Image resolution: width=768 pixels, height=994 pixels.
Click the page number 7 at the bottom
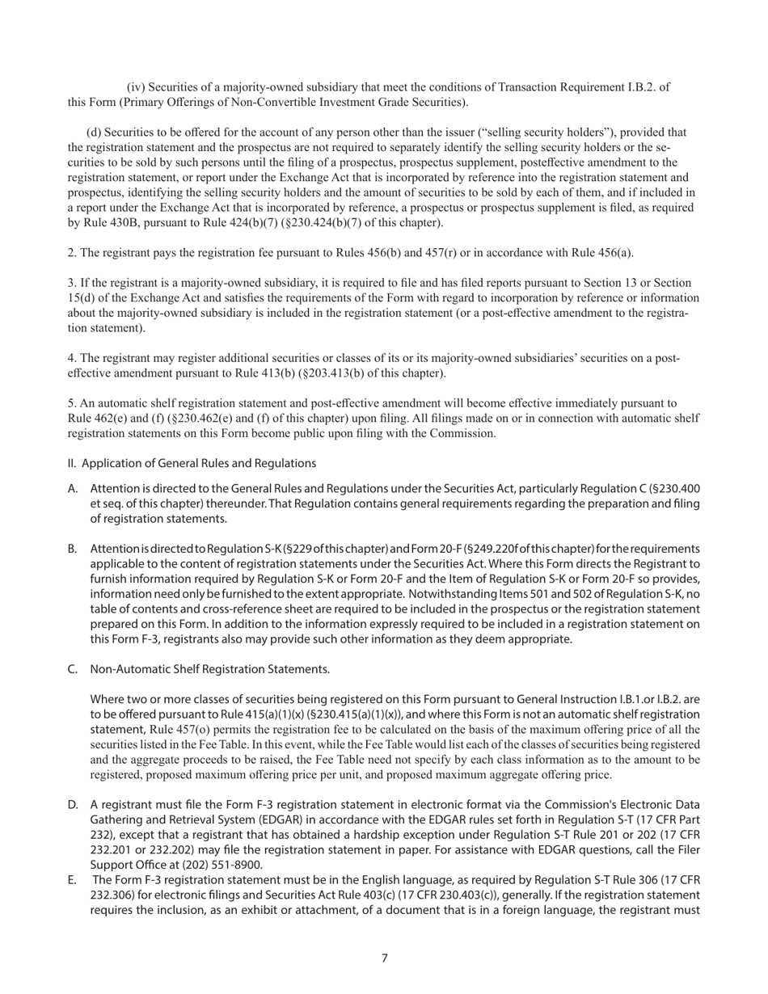384,958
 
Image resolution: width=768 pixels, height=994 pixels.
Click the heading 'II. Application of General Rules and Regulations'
192,463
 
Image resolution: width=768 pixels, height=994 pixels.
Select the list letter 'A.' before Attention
73,489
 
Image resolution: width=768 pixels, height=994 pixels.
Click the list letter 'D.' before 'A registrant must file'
73,805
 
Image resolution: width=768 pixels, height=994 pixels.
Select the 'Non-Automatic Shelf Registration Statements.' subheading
209,669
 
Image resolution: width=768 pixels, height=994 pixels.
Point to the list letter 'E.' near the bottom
73,880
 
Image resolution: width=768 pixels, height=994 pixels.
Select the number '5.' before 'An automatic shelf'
71,403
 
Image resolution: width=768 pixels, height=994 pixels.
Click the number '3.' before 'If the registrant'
71,283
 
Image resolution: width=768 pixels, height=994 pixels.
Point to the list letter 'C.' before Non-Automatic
73,669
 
